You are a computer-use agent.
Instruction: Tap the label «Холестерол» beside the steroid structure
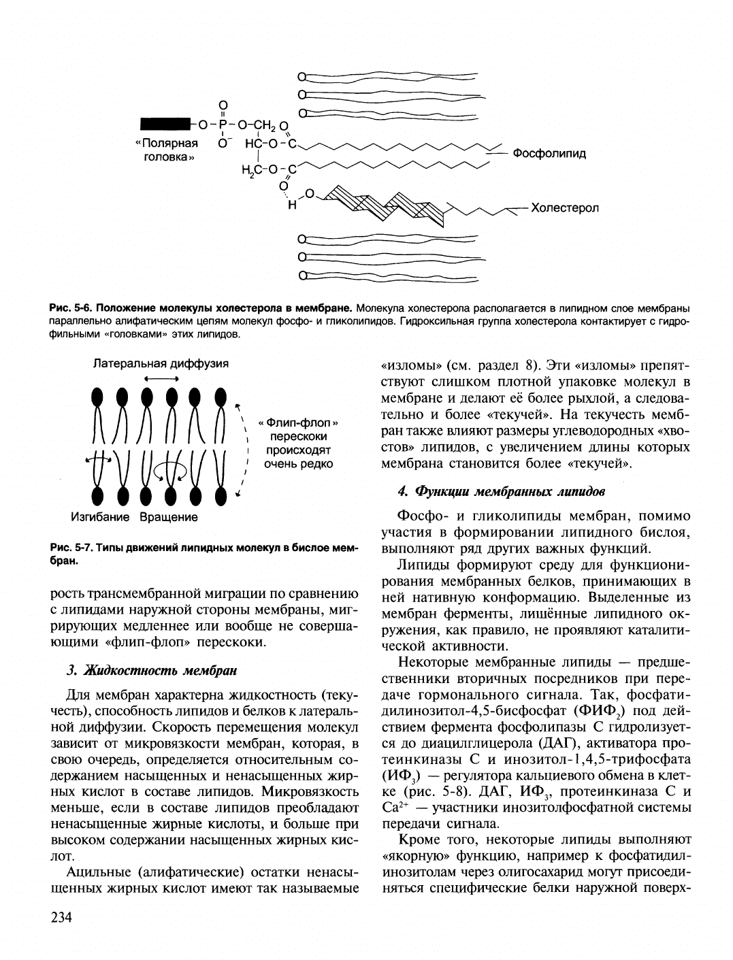[x=564, y=208]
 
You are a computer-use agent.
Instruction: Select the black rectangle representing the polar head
[x=165, y=124]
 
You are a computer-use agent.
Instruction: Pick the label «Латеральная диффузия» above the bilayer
[x=161, y=363]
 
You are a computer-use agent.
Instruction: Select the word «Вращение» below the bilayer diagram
[x=169, y=517]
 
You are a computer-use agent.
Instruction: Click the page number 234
[x=62, y=918]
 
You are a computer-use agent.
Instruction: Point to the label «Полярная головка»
[x=167, y=150]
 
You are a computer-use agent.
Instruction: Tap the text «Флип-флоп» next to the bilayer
[x=298, y=423]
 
